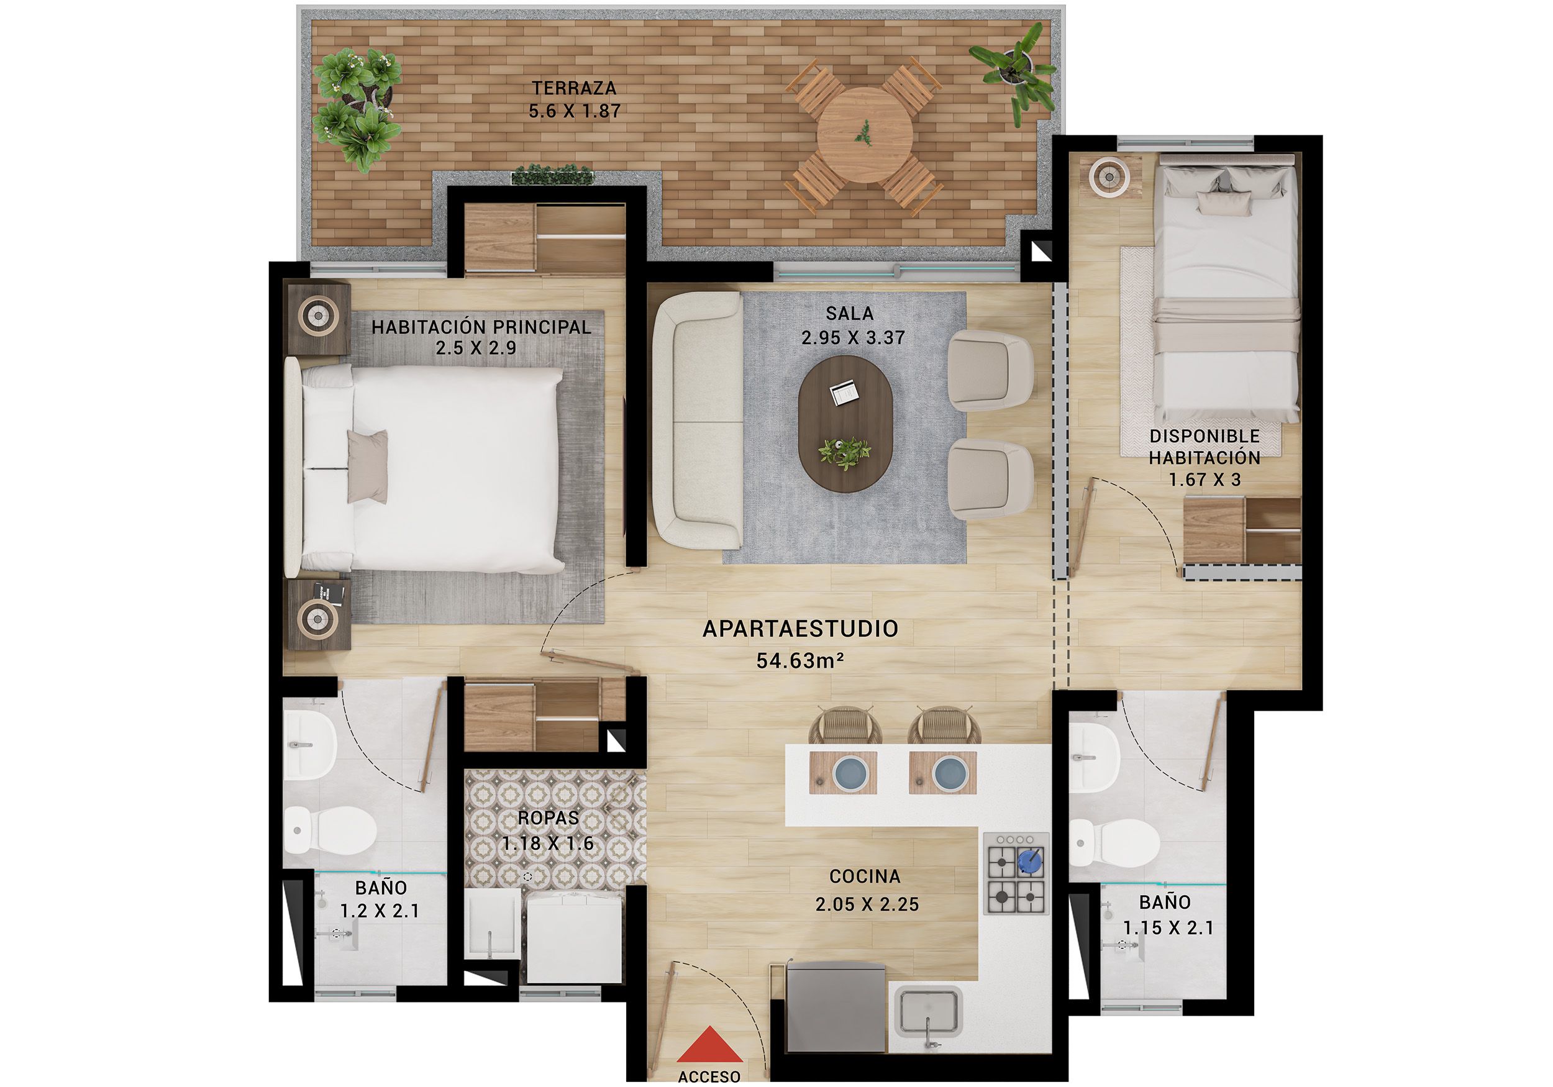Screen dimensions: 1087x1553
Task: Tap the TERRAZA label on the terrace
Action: click(x=573, y=88)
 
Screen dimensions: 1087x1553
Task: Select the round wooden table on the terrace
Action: click(x=865, y=135)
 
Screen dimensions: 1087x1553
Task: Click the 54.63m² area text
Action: click(x=800, y=660)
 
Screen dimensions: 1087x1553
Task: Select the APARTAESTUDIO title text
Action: click(x=800, y=629)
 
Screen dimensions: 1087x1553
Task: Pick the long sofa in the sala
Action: click(x=697, y=421)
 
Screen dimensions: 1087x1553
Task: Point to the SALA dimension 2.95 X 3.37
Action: click(x=853, y=337)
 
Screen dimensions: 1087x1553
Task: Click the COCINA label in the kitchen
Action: click(x=865, y=876)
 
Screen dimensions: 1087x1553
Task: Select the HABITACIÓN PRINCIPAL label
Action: click(x=480, y=327)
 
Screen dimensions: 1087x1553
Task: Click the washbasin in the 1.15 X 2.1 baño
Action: click(x=1096, y=758)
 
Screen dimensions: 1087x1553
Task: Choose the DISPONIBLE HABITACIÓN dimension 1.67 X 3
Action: click(x=1205, y=480)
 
